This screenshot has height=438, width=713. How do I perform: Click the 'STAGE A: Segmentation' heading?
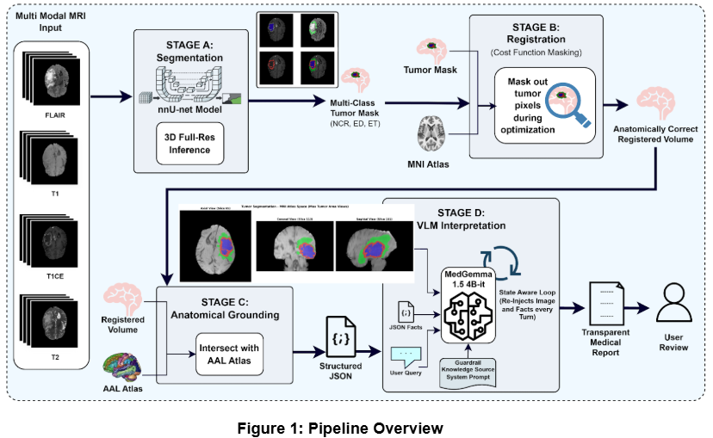189,50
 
